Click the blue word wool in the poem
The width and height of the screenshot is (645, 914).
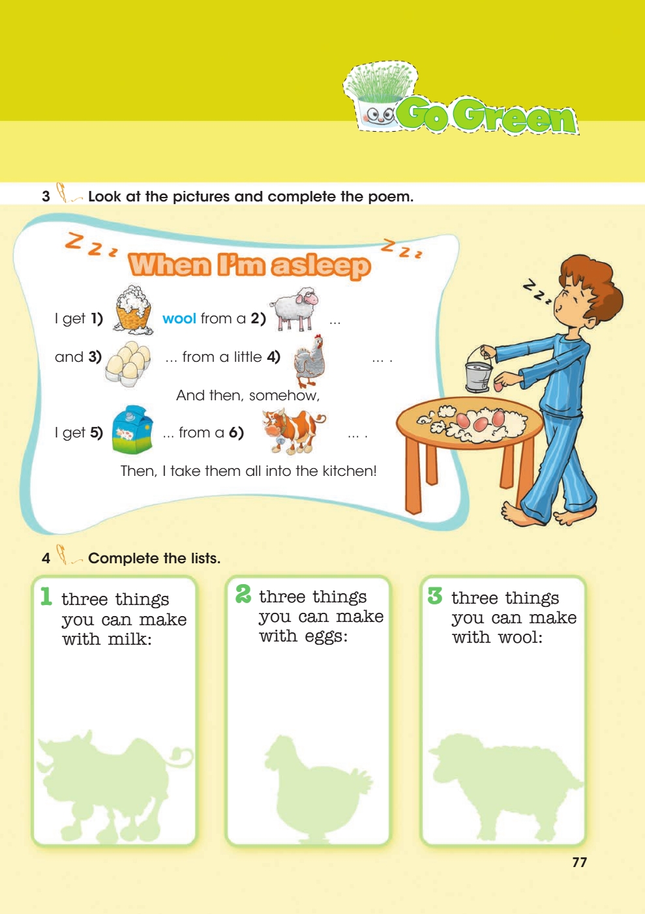[179, 318]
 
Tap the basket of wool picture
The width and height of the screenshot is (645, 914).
[132, 310]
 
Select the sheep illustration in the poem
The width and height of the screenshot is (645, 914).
[294, 309]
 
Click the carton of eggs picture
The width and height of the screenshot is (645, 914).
[128, 364]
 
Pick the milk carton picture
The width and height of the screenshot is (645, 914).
[132, 429]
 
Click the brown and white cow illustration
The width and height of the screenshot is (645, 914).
[293, 432]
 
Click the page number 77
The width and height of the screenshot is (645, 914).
[579, 862]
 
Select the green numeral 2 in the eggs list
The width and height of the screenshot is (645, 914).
[243, 594]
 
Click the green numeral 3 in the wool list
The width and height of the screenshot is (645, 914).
[435, 595]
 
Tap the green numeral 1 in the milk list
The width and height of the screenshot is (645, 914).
[46, 596]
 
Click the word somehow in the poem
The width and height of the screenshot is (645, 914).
[284, 395]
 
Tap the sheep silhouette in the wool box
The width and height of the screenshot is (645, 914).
[504, 786]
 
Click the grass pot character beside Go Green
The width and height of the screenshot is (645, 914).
[380, 98]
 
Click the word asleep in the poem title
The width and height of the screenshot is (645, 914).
[322, 266]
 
